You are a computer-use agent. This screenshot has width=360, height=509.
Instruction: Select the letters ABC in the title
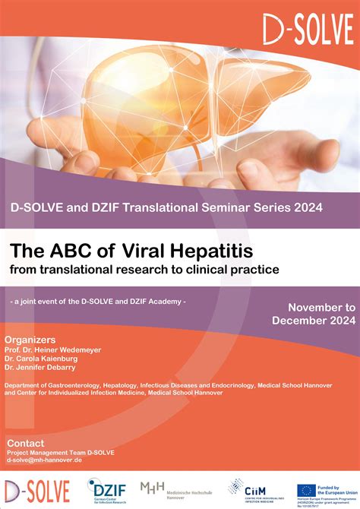62,251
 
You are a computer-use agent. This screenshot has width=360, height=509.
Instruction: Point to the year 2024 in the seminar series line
301,207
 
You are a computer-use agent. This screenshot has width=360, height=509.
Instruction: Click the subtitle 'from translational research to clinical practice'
144,269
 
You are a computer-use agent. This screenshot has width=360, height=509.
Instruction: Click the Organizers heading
30,339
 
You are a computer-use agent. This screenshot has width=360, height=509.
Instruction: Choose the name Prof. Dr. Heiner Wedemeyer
52,349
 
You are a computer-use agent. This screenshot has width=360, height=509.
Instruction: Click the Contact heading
26,443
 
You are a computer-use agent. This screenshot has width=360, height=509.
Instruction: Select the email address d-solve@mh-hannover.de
44,460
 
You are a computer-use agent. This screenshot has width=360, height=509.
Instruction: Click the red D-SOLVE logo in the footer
36,492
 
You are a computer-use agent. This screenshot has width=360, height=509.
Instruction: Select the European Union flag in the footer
307,489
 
